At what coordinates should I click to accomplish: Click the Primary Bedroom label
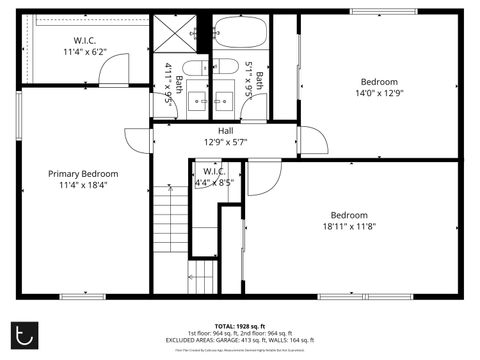tap(83, 173)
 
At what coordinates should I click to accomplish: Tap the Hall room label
tap(225, 130)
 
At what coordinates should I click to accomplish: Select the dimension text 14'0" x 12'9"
tap(379, 93)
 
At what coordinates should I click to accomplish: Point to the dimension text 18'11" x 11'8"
tap(349, 226)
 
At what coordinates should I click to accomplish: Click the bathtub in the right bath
tap(241, 32)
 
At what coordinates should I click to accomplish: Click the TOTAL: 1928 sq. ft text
tap(240, 327)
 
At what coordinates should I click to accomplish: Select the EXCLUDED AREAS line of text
tap(240, 340)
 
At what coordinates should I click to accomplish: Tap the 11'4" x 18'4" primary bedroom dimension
tap(83, 184)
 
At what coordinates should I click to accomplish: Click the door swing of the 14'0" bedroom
tap(312, 140)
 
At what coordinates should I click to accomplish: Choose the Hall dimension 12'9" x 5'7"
tap(225, 141)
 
